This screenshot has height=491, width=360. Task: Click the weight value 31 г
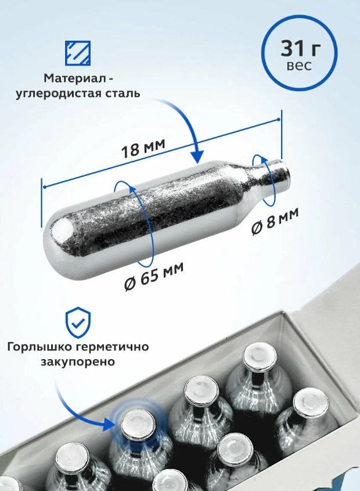click(298, 47)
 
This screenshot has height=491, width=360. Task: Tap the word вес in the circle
click(299, 65)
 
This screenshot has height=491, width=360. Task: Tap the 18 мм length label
click(143, 149)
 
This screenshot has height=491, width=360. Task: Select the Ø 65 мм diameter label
click(154, 276)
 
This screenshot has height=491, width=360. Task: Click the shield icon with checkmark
click(77, 321)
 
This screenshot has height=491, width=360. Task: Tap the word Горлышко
click(38, 347)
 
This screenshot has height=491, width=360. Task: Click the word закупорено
click(77, 361)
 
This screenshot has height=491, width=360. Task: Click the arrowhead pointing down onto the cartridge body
click(197, 157)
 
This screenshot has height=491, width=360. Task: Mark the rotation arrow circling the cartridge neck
click(262, 180)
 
